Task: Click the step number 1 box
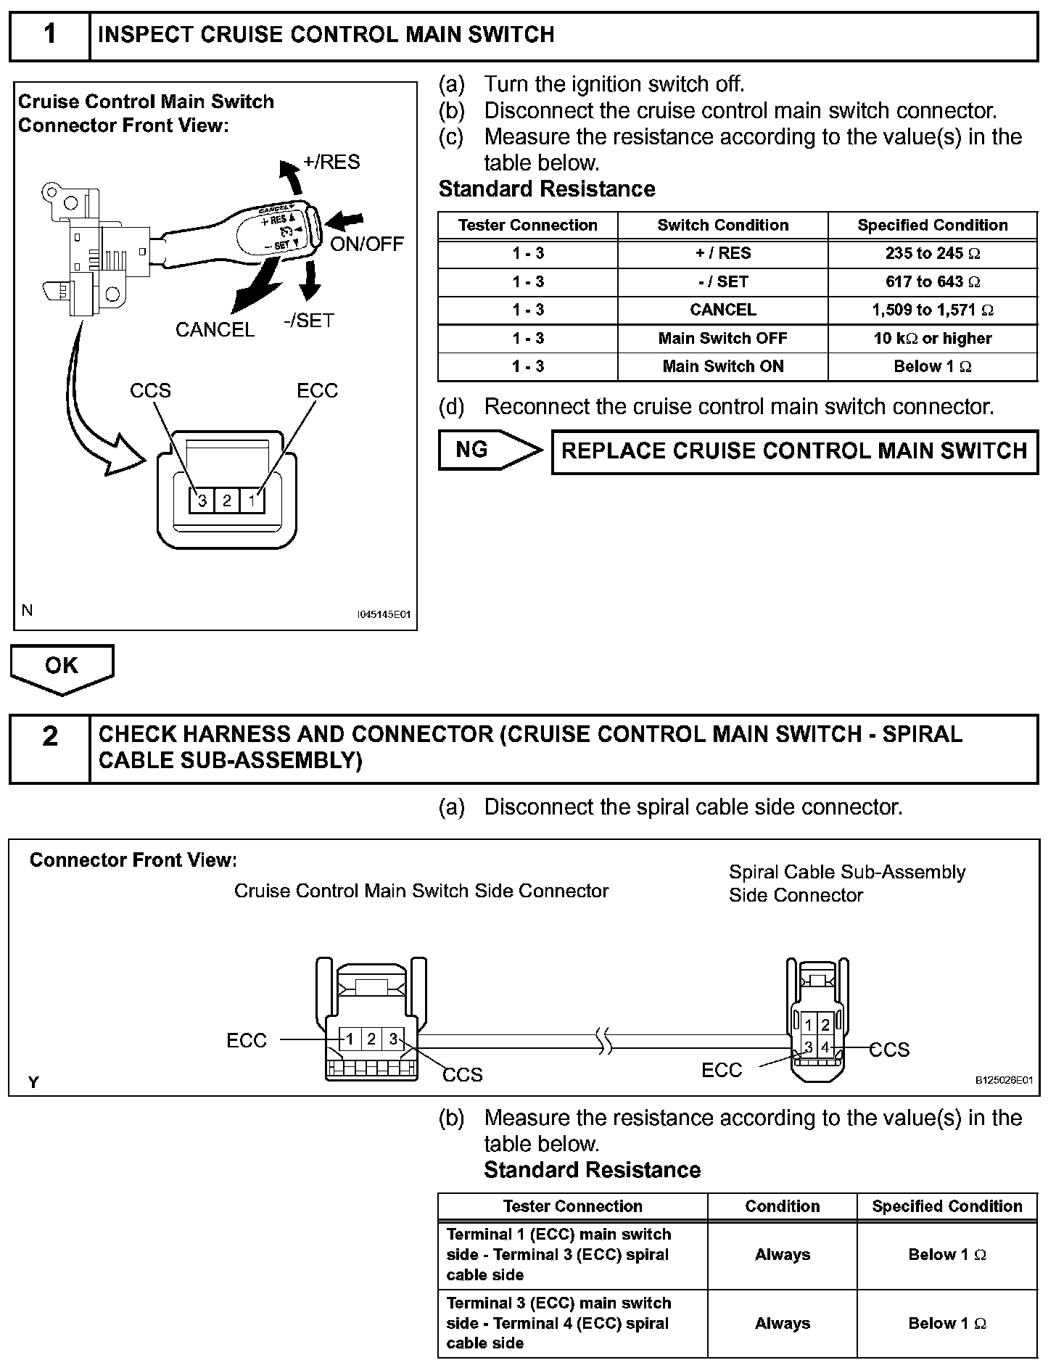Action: (x=49, y=36)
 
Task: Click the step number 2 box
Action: (x=49, y=748)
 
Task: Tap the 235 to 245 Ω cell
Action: (x=932, y=254)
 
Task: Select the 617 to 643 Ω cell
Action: (x=932, y=282)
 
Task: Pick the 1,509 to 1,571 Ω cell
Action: (x=932, y=310)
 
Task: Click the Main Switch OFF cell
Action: (x=722, y=339)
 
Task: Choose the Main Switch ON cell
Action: (x=722, y=367)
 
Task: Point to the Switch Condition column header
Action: (x=722, y=226)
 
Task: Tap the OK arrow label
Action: (x=62, y=666)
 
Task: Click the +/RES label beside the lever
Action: (x=331, y=162)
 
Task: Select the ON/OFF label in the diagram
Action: (x=366, y=244)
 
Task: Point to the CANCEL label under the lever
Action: (x=215, y=330)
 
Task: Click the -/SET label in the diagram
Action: (x=309, y=320)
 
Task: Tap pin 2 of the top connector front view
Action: (x=227, y=500)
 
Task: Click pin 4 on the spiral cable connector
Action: (x=825, y=1047)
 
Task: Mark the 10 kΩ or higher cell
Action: (x=932, y=339)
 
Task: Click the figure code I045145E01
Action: (x=384, y=614)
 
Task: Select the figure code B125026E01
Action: (x=1003, y=1080)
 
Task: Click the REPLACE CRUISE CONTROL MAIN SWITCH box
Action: (x=794, y=451)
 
